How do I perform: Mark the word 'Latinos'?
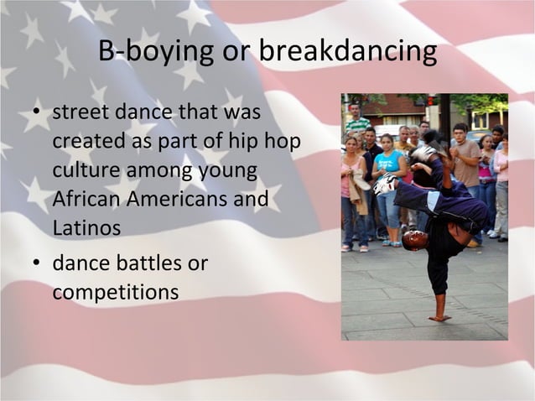click(86, 228)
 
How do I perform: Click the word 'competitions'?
click(115, 293)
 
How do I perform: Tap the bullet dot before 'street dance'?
click(38, 113)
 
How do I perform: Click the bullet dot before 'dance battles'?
click(38, 265)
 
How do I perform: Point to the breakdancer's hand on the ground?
click(439, 317)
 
